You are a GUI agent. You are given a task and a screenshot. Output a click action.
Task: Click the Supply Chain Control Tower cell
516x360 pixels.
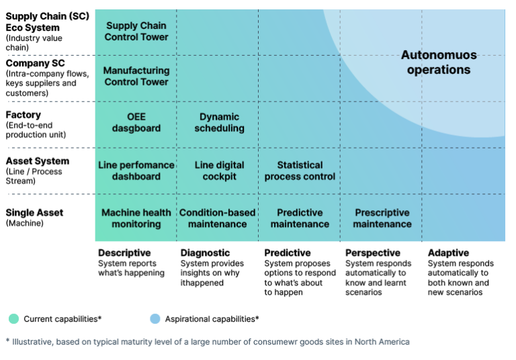(x=136, y=32)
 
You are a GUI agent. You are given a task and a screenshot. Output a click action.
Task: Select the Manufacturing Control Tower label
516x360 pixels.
(x=136, y=76)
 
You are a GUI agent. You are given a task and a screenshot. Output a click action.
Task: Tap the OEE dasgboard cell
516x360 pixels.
(x=136, y=122)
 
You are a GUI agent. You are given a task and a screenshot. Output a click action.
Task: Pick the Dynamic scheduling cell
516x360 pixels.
(x=219, y=122)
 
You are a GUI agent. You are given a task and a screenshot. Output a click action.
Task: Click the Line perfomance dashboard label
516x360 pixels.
(x=136, y=171)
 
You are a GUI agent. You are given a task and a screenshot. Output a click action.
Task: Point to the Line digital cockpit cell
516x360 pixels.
(x=219, y=171)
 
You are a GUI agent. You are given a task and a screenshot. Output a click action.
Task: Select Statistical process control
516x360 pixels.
(x=300, y=171)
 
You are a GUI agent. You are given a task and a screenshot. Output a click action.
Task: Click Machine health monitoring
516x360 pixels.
(x=136, y=218)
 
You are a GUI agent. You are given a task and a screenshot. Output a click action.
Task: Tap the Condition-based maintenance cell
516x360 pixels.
(x=217, y=218)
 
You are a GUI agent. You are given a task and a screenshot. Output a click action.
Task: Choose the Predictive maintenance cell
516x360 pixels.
(x=300, y=218)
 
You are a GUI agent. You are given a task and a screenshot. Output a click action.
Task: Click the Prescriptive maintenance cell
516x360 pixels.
(x=382, y=218)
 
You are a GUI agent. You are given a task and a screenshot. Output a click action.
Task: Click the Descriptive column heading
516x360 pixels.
(x=124, y=253)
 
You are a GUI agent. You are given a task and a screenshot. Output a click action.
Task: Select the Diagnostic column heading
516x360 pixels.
(x=205, y=253)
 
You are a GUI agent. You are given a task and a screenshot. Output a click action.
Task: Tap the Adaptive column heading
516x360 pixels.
(x=448, y=253)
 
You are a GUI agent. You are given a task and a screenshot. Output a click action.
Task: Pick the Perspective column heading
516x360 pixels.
(x=372, y=253)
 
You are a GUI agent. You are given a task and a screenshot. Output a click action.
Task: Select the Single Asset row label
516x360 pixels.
(x=34, y=213)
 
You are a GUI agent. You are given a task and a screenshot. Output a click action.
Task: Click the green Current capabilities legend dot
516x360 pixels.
(x=14, y=319)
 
